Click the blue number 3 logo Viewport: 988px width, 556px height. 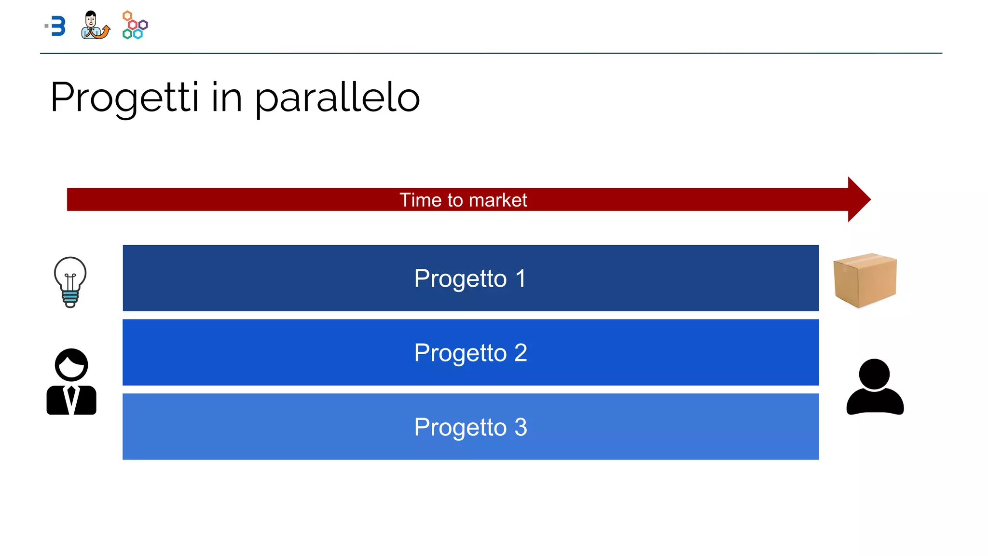tap(57, 26)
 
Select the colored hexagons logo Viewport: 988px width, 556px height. tap(135, 25)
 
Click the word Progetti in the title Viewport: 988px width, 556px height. tap(124, 98)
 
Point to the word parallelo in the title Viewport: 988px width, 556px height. tap(337, 98)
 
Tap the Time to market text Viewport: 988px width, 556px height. tap(463, 200)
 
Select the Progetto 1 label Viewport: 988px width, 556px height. tap(470, 278)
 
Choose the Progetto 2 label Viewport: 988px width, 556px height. tap(470, 353)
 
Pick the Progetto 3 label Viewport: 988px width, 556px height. tap(470, 427)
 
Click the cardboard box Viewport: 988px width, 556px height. tap(864, 280)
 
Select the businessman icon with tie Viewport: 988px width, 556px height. tap(71, 382)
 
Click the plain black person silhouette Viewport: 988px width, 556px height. tap(875, 388)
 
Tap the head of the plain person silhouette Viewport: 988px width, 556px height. tap(874, 374)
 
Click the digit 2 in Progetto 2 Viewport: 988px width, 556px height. tap(521, 353)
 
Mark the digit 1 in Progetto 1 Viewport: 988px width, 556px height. tap(521, 278)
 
